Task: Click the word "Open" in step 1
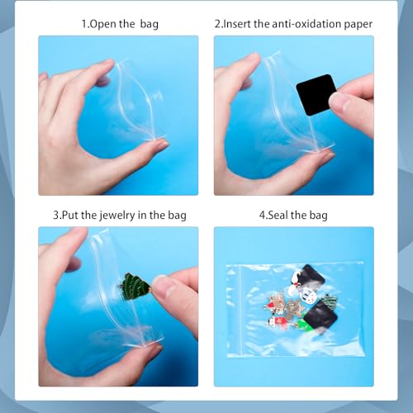click(103, 25)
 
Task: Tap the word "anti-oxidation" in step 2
click(306, 24)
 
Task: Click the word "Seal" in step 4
click(278, 215)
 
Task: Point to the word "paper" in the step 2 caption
click(358, 25)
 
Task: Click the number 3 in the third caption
click(56, 215)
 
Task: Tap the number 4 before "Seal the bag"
click(262, 215)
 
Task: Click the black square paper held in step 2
click(314, 94)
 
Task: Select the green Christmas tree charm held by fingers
click(135, 287)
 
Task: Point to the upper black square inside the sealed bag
click(310, 277)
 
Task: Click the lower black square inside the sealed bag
click(320, 316)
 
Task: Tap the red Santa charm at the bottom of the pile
click(278, 322)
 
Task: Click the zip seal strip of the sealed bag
click(240, 310)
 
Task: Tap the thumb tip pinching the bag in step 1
click(157, 145)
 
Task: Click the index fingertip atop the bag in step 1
click(106, 68)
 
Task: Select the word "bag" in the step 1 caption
click(149, 25)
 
